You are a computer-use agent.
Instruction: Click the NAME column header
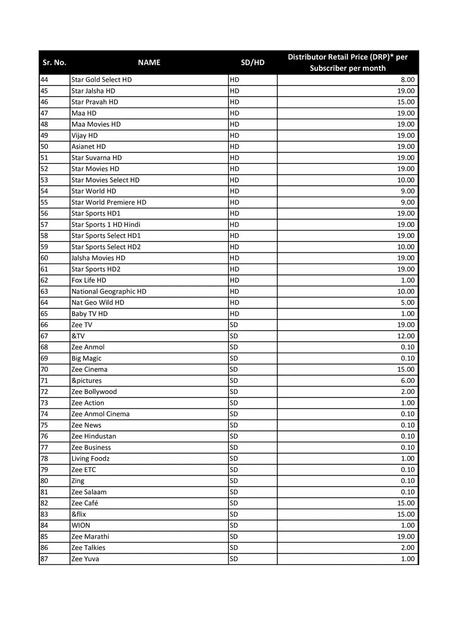(149, 63)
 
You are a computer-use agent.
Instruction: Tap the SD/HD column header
(252, 63)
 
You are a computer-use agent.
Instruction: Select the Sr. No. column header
(54, 63)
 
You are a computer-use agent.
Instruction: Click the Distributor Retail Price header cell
(347, 63)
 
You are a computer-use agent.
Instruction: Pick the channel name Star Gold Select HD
(101, 80)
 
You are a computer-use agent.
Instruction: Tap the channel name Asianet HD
(88, 147)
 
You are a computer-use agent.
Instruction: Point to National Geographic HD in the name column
(109, 292)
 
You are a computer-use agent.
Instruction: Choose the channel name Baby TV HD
(89, 314)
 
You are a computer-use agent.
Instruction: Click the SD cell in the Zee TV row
(234, 325)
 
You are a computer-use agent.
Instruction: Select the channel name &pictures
(86, 381)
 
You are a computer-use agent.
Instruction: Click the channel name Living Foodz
(90, 459)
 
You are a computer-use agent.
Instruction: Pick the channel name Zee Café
(85, 503)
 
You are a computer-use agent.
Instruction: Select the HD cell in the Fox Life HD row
(234, 280)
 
